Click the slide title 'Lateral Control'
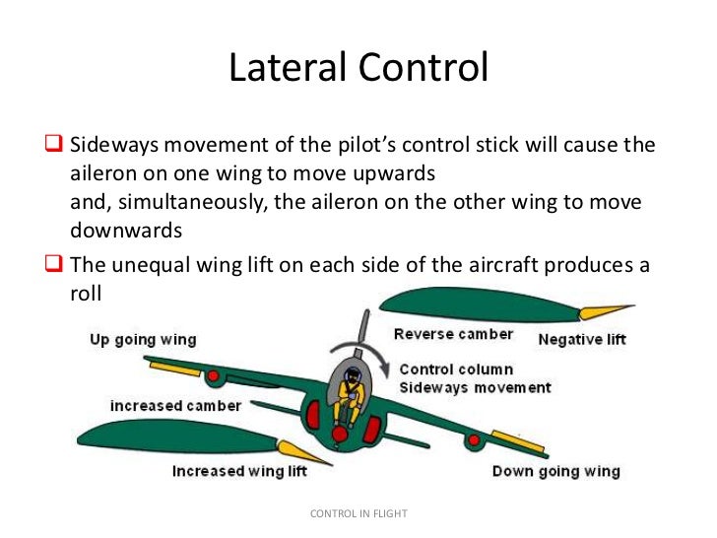[x=358, y=68]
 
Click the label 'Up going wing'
[x=143, y=340]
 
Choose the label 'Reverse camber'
[x=453, y=334]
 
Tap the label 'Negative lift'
[x=582, y=341]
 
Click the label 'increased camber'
[x=175, y=406]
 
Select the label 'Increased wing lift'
[x=239, y=471]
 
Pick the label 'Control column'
[x=456, y=370]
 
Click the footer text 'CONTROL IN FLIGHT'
[x=358, y=513]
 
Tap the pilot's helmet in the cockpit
[x=353, y=374]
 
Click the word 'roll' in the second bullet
[x=87, y=293]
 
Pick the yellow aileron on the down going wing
[x=517, y=440]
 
